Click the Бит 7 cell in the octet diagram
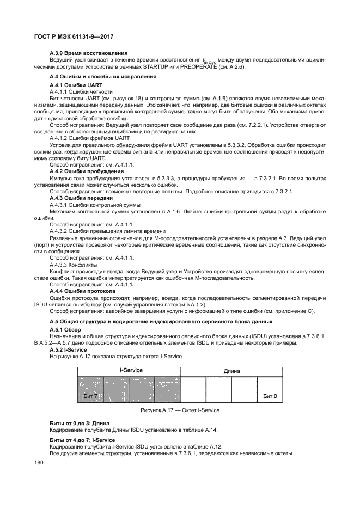click(x=90, y=395)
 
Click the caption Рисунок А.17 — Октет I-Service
click(x=180, y=410)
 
